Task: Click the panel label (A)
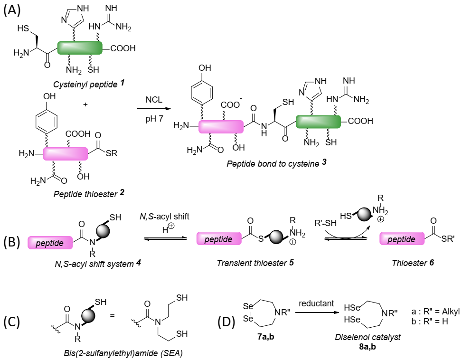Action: coord(11,10)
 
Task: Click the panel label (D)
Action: coord(227,322)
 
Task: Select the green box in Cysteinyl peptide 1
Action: coord(80,48)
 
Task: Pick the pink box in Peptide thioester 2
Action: coord(66,153)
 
